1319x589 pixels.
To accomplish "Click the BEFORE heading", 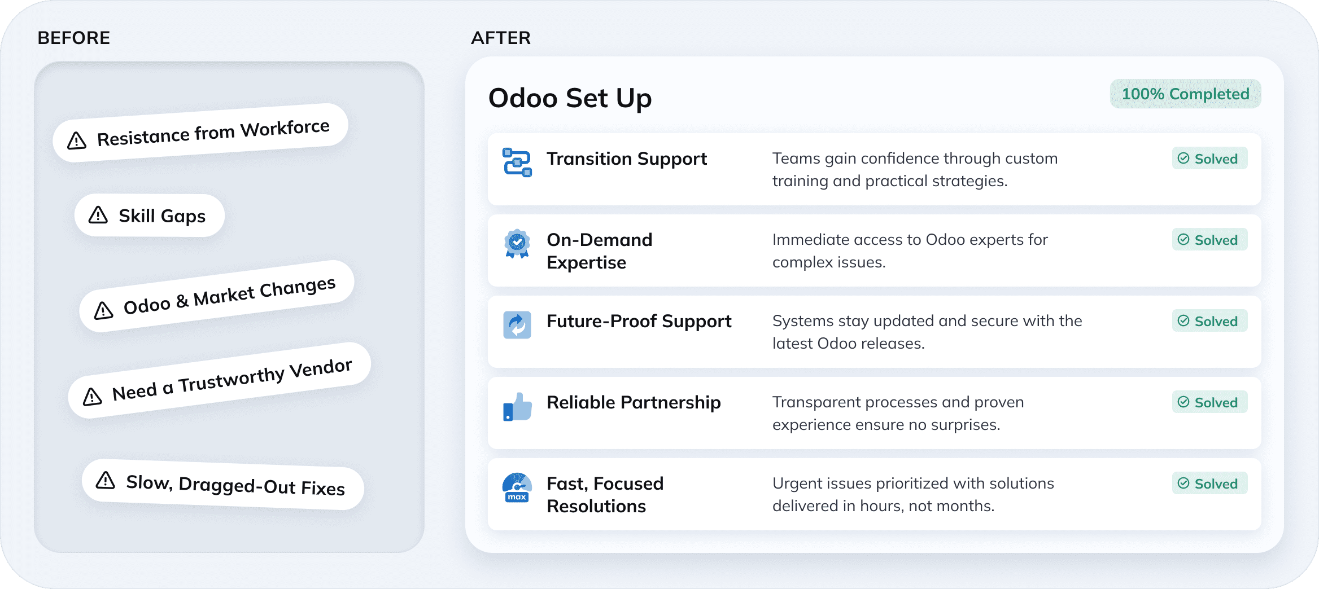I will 73,38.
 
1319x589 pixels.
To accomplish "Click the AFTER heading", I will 501,38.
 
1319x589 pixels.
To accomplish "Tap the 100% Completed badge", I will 1185,94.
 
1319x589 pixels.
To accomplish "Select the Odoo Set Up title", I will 570,98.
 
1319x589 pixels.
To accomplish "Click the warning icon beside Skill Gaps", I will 98,215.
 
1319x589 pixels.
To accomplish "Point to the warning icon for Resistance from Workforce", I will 77,140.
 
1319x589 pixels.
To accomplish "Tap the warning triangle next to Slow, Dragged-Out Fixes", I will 106,480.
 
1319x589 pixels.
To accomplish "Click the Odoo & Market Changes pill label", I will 229,296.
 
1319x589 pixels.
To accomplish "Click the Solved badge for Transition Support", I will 1209,159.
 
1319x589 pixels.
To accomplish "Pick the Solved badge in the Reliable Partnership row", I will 1209,402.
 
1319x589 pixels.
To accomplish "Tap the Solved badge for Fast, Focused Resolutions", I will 1209,483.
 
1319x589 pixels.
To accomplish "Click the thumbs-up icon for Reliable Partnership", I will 517,407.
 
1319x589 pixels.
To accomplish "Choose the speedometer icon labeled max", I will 517,488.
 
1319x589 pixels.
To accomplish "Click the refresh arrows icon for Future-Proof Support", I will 517,325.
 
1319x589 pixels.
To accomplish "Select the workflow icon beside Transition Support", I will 517,162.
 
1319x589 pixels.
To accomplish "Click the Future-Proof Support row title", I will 639,321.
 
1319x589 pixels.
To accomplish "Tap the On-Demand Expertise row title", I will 599,251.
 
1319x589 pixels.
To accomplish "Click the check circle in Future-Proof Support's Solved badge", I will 1183,321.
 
